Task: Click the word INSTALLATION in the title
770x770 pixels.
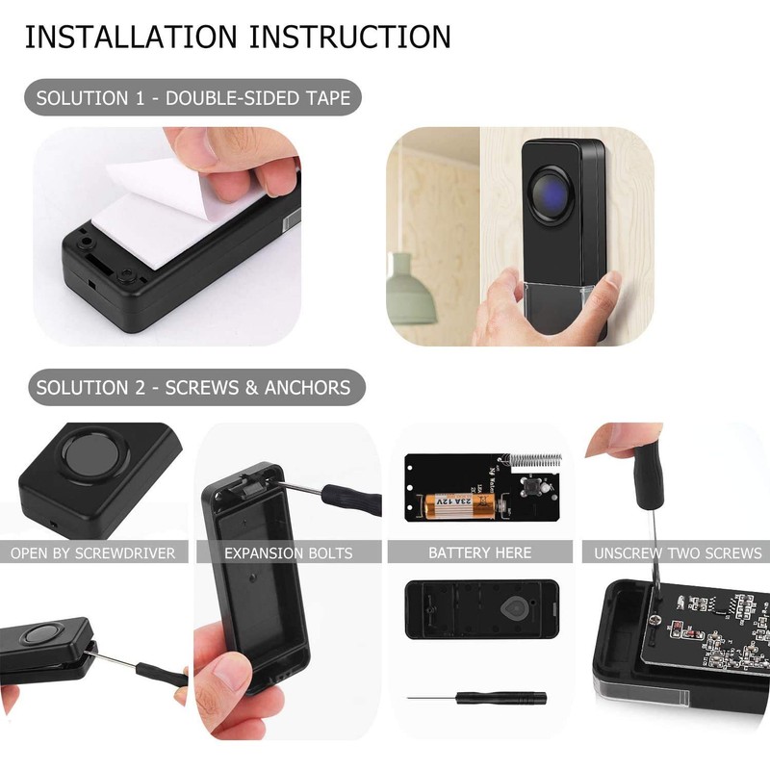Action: pos(131,37)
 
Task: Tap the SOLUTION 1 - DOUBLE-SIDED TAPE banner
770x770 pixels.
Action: pos(193,98)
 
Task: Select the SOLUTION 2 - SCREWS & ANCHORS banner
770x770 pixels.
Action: pos(193,389)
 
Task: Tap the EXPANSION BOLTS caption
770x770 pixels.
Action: pos(288,553)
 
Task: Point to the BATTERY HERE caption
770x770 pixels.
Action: pos(479,553)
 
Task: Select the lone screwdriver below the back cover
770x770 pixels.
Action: pos(476,697)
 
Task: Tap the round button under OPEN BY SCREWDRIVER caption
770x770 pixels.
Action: pos(41,635)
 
